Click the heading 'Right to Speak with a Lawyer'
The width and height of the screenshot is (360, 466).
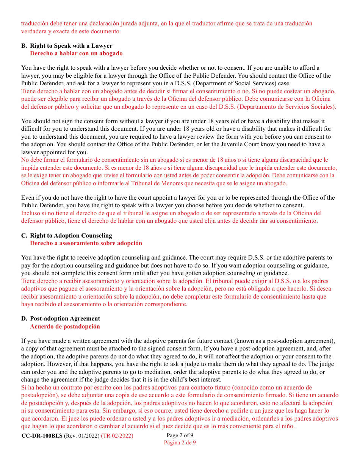pos(71,46)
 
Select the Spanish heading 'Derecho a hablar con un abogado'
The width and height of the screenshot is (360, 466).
pos(76,53)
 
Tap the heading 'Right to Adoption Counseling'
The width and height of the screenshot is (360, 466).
pos(71,236)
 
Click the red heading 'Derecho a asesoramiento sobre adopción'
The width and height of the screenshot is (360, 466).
pos(86,243)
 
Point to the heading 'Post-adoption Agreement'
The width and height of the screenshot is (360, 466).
pos(65,319)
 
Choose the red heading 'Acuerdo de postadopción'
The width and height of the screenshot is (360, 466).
pos(65,327)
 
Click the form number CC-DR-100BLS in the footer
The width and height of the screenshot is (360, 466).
pos(42,436)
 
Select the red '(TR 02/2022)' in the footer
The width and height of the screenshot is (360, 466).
pos(117,436)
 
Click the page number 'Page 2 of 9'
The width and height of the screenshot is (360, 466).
pos(180,435)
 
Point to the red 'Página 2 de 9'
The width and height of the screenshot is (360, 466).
pos(180,443)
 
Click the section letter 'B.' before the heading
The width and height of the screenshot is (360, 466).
pos(24,46)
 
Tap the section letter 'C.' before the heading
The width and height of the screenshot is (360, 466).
pos(24,236)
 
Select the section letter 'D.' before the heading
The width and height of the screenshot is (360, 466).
pos(24,319)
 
